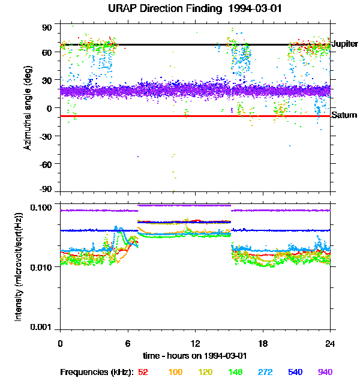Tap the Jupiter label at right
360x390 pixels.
point(344,44)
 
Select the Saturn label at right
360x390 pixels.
point(344,115)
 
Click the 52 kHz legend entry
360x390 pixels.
point(143,372)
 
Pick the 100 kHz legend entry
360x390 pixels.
point(175,372)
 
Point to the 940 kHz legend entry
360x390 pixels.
point(325,372)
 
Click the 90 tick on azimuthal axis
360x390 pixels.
point(47,28)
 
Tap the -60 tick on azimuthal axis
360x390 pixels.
point(45,163)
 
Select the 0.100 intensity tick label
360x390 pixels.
point(43,207)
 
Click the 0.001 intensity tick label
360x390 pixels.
point(43,328)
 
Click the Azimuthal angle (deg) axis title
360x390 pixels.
point(28,107)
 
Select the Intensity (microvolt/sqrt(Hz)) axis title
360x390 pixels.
point(19,266)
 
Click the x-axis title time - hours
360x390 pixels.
point(195,356)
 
